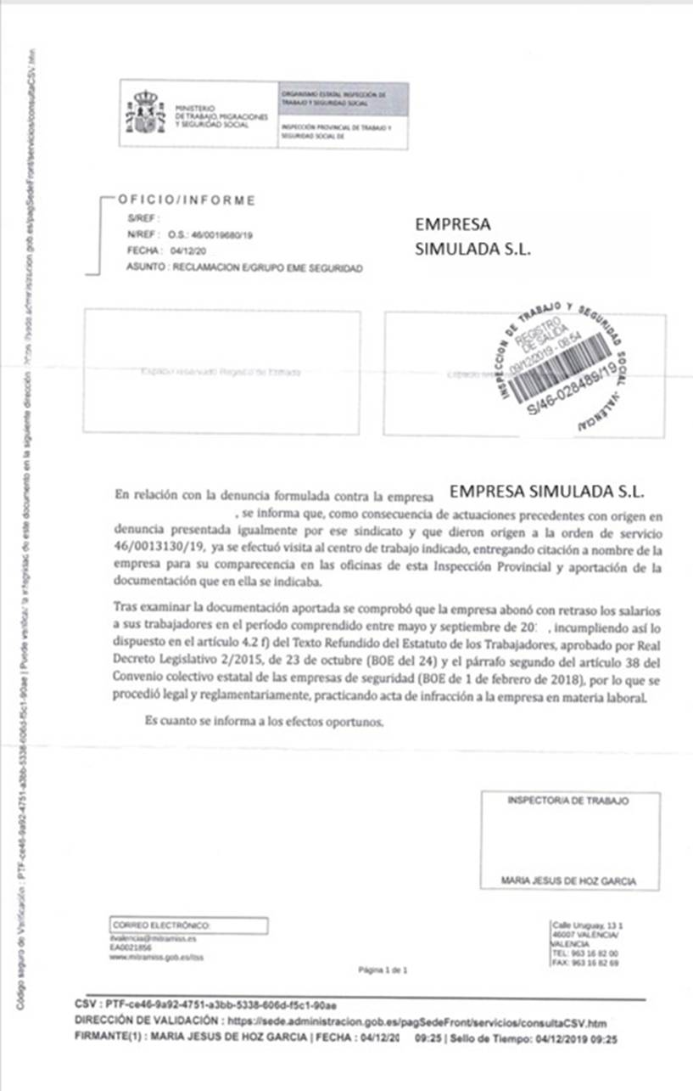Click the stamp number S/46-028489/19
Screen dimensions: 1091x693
pos(570,400)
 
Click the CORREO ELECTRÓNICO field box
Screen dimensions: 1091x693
pos(189,925)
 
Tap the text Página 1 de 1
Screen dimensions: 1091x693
pos(383,968)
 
